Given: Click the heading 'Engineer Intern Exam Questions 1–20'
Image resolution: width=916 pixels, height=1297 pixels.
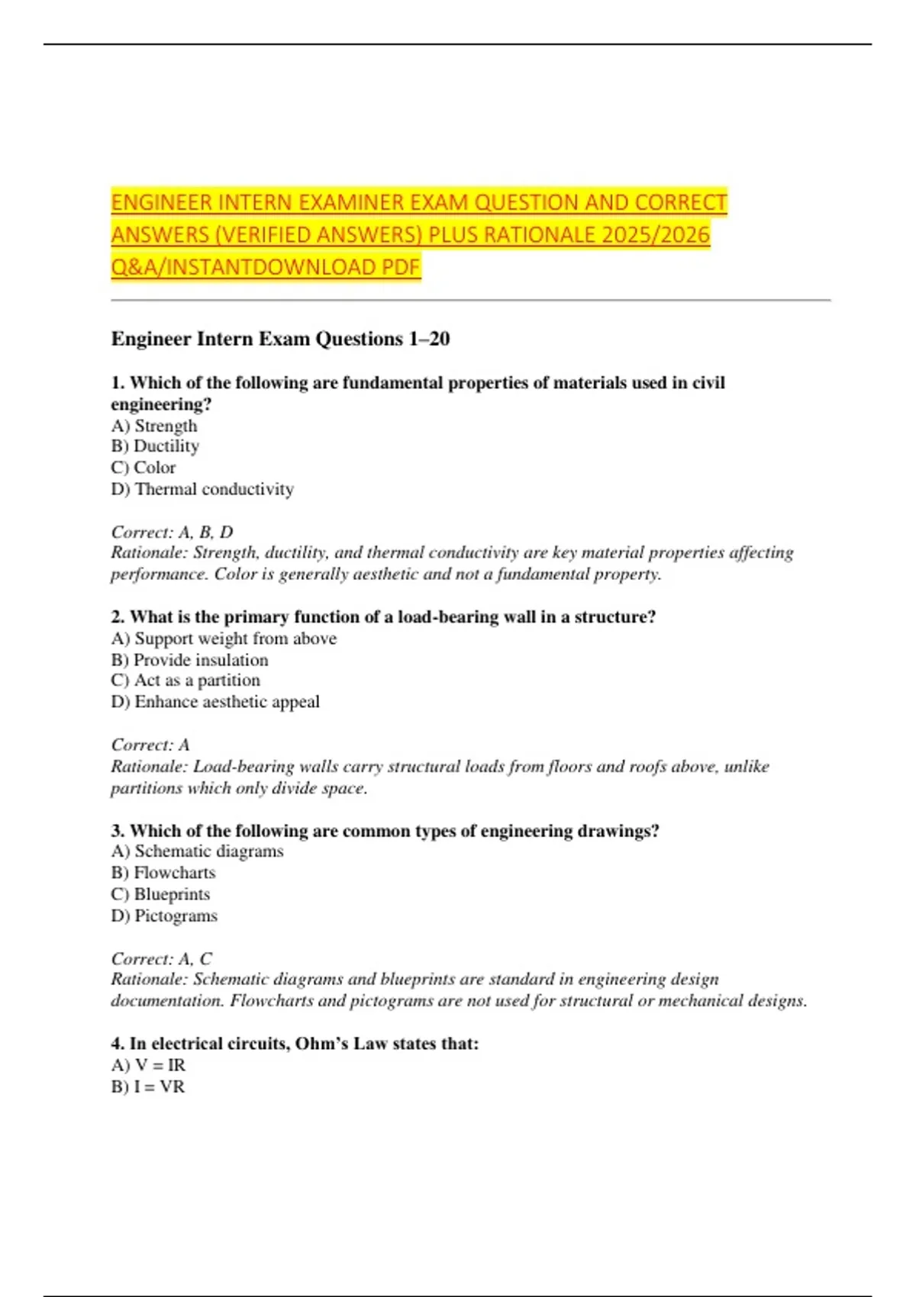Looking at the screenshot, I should coord(280,339).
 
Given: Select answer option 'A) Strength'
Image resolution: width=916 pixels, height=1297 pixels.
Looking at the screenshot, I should coord(154,426).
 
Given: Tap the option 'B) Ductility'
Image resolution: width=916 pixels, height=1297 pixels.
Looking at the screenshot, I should coord(155,446).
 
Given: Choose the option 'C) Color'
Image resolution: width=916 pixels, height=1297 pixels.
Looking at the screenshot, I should coord(144,468).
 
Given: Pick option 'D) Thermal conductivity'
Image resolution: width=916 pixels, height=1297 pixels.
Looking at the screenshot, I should coord(202,489).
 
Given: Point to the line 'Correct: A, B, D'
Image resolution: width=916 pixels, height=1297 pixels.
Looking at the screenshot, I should coord(172,532).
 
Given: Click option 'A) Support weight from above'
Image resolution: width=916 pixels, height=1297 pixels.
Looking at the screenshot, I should coord(224,639).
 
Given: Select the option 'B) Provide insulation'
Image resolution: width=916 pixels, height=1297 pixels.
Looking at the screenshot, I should coord(189,660).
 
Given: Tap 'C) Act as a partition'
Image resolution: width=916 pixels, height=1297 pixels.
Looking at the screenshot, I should coord(185,681).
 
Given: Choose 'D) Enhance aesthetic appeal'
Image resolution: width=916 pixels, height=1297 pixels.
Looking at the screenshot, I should coord(215,702).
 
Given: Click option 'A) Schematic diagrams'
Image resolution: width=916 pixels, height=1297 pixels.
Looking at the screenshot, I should coord(197,851).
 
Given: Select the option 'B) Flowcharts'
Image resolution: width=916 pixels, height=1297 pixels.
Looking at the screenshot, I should coord(163,873).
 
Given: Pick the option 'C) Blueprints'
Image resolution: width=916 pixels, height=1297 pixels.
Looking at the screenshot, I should coord(160,894).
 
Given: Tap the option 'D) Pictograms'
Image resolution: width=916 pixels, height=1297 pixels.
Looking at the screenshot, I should coord(164,916).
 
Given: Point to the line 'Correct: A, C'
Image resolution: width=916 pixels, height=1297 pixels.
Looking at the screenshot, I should coord(162,958).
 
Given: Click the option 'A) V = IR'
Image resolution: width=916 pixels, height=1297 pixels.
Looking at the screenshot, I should coord(148,1065).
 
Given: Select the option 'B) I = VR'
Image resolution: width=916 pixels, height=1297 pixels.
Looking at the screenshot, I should coord(148,1086).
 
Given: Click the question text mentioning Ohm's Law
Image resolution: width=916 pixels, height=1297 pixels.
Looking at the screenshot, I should coord(295,1044).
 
